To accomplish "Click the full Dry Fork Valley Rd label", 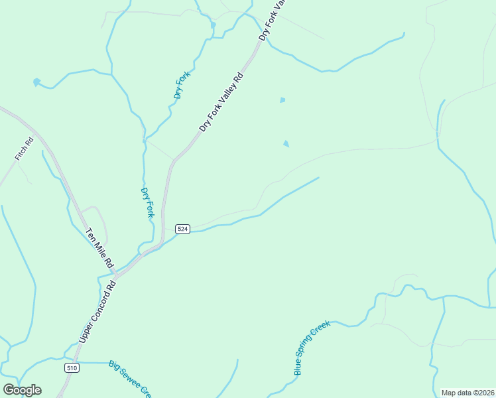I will coord(221,101).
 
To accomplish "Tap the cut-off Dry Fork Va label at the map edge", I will coord(271,20).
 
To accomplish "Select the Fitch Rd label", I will coord(24,149).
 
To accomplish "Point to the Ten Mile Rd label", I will coord(99,248).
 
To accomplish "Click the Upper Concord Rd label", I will coord(97,311).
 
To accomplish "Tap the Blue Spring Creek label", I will coord(312,348).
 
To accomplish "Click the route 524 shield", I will coord(183,229).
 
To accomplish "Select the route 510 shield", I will coord(72,367).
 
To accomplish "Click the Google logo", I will coord(22,390).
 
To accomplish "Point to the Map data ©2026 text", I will coord(467,393).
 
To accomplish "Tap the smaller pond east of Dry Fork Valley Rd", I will coord(282,100).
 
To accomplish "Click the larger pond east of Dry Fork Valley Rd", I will coord(286,143).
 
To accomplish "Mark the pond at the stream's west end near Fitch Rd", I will coord(36,83).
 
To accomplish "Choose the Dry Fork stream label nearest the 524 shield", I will coord(147,202).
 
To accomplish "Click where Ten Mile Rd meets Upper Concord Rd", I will coord(116,273).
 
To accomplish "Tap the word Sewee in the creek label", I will coord(131,378).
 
